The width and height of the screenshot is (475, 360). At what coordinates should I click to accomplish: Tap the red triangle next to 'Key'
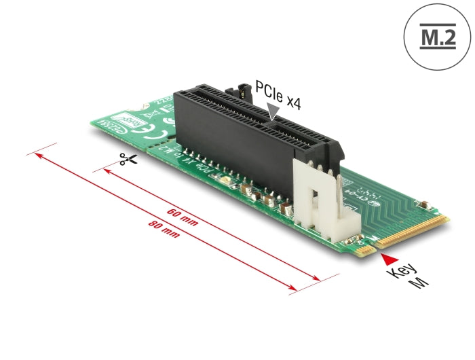click(387, 258)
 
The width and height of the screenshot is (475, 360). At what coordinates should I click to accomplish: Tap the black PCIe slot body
click(251, 136)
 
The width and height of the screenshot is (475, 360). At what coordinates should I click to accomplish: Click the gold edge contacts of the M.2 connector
click(413, 230)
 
